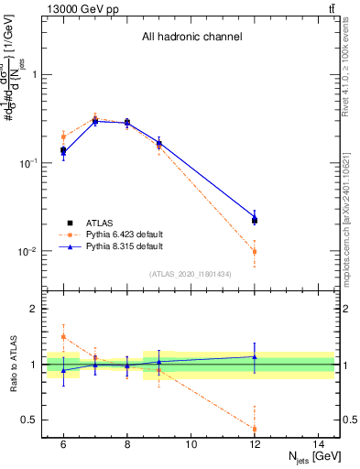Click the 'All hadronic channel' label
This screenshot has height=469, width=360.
pos(191,38)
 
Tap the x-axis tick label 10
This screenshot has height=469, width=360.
pos(191,444)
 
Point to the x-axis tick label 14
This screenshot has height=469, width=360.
pos(319,444)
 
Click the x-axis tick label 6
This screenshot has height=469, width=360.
pos(63,444)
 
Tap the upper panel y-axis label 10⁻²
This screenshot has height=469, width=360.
pos(29,251)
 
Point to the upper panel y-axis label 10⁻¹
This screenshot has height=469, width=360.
pos(29,163)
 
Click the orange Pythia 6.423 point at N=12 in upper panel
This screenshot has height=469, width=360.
pos(255,251)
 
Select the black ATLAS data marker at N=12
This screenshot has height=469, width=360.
pos(255,220)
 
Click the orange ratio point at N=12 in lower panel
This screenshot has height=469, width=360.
pos(255,429)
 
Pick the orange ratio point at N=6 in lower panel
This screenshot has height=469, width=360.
pos(63,337)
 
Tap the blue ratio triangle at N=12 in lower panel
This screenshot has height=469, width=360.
pos(255,356)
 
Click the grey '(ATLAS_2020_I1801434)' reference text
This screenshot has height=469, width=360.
pos(191,274)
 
